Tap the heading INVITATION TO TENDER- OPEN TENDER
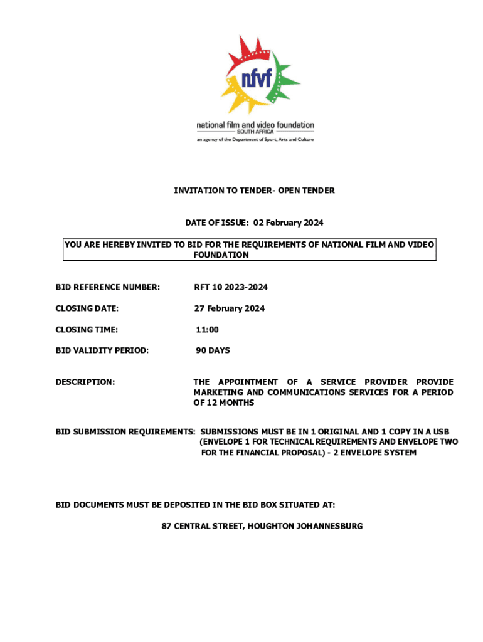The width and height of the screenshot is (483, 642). tap(254, 190)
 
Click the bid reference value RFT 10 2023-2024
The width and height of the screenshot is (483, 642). tap(230, 287)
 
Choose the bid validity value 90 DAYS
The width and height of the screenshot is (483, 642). tap(213, 350)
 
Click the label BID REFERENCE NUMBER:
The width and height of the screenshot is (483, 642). tap(108, 287)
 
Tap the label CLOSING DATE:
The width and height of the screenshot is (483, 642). tap(87, 308)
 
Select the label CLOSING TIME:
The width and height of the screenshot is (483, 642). tap(87, 329)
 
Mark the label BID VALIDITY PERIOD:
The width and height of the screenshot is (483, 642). tap(102, 350)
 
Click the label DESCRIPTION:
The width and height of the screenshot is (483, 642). tap(85, 382)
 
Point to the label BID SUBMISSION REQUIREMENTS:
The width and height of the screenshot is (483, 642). tap(125, 432)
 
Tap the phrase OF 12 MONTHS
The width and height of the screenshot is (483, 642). tap(224, 403)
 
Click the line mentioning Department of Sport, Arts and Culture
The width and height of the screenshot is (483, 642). tap(255, 139)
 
